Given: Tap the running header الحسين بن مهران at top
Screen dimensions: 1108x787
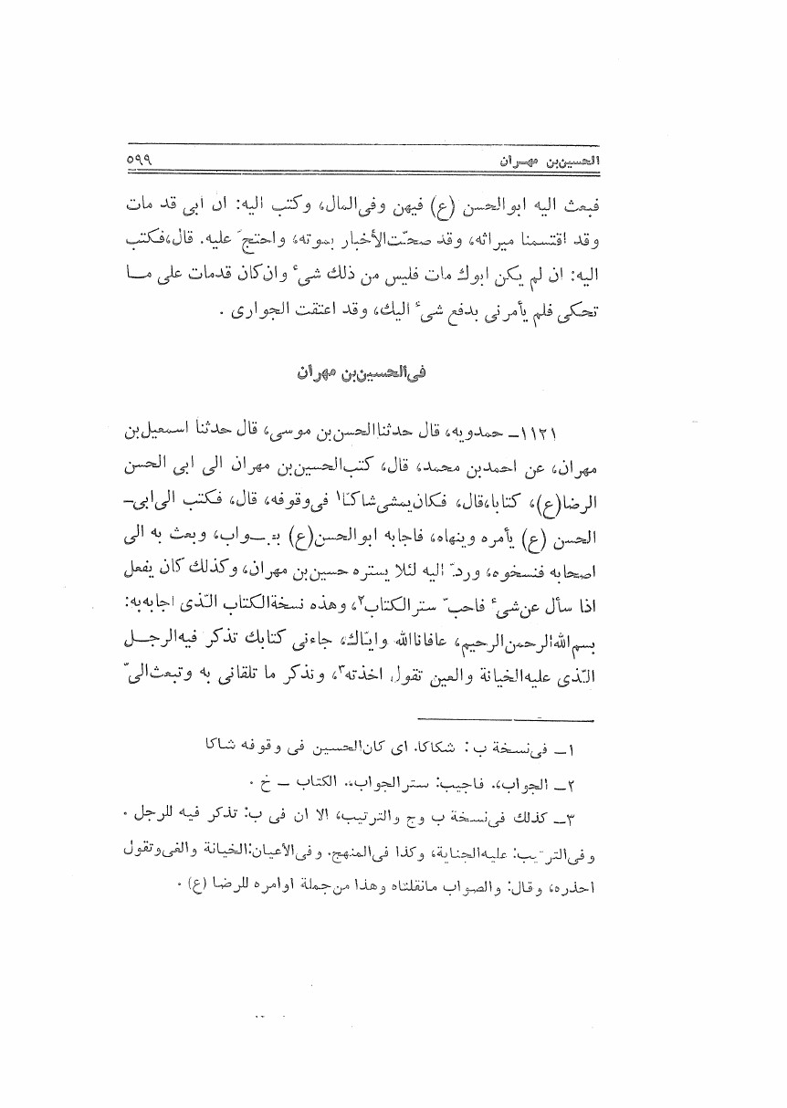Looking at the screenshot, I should (x=544, y=161).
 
